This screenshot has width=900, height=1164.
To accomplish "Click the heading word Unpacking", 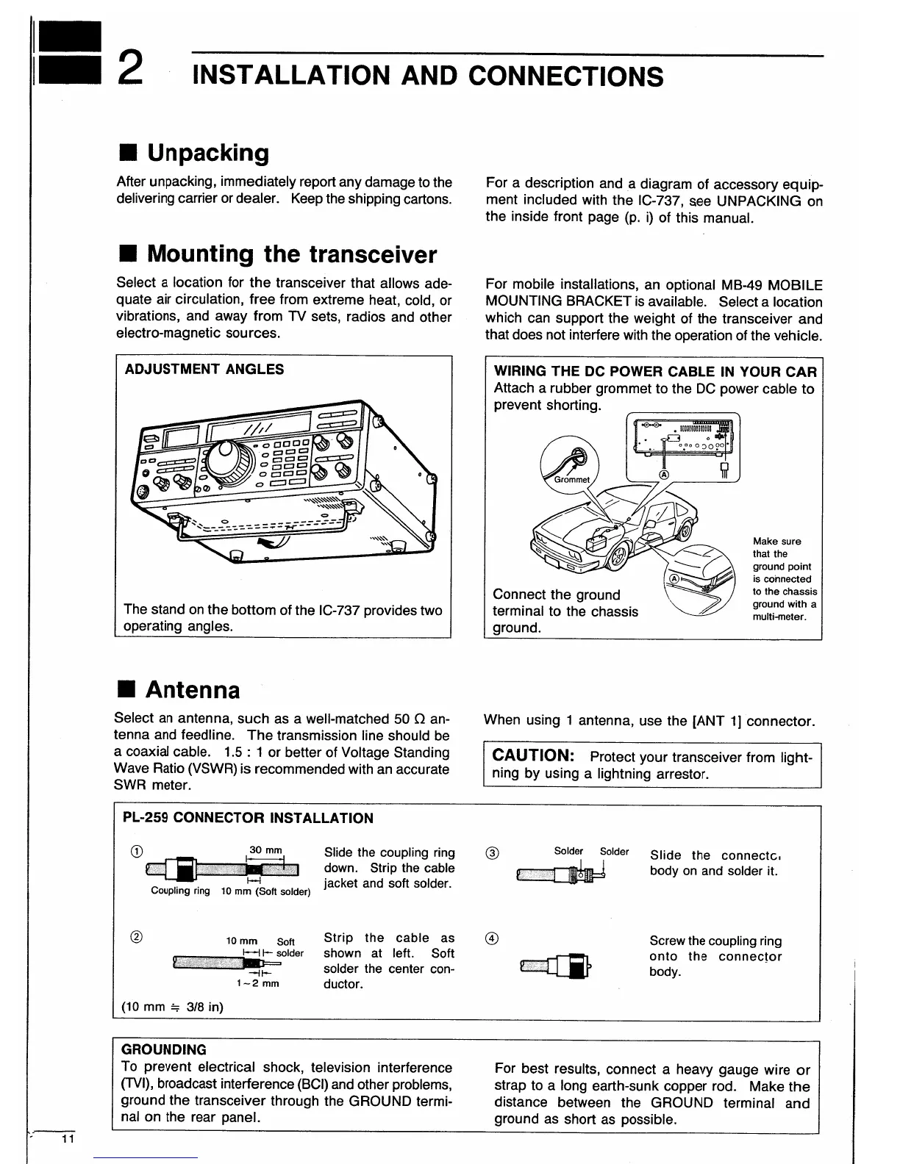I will [x=208, y=153].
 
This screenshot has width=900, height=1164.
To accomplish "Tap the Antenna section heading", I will [x=193, y=690].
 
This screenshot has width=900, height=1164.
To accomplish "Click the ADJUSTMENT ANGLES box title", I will [x=204, y=370].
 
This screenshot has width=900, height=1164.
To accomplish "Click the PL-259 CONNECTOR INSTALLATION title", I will [x=249, y=818].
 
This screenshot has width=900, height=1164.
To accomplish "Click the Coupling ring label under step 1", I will [x=180, y=891].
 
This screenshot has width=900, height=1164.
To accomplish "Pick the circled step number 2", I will [x=135, y=936].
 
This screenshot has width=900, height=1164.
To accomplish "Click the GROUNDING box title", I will [x=163, y=1049].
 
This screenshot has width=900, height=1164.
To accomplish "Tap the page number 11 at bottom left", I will [x=68, y=1138].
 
